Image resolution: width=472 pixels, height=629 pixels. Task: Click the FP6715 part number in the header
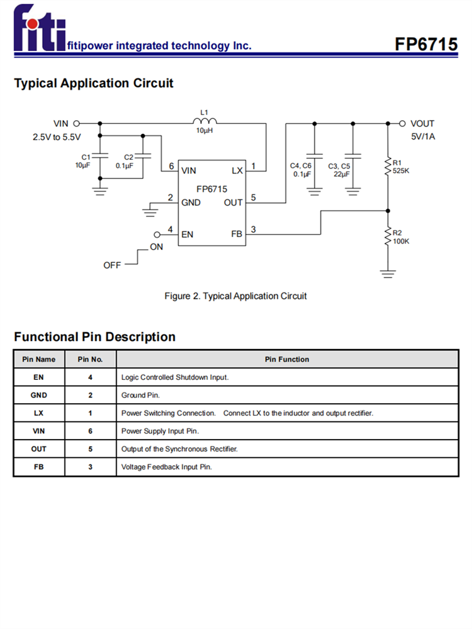pyautogui.click(x=426, y=44)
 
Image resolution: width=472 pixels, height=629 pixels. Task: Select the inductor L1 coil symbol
pyautogui.click(x=204, y=122)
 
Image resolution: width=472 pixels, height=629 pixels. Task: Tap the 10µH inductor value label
pyautogui.click(x=204, y=131)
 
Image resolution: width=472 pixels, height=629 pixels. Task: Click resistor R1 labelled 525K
pyautogui.click(x=388, y=166)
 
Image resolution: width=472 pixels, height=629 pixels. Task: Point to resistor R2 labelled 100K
pyautogui.click(x=388, y=237)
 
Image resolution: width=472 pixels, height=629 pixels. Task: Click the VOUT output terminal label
pyautogui.click(x=422, y=124)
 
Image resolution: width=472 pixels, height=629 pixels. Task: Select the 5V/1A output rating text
pyautogui.click(x=422, y=136)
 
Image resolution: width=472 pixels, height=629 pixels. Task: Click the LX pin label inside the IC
pyautogui.click(x=237, y=170)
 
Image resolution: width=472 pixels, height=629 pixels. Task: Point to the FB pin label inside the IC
pyautogui.click(x=237, y=234)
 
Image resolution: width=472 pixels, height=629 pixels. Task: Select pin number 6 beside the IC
pyautogui.click(x=171, y=166)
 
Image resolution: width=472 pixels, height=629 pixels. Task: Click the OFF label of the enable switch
pyautogui.click(x=112, y=265)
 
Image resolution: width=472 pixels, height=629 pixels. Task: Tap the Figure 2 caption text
pyautogui.click(x=235, y=296)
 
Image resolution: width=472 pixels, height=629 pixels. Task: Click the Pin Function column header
pyautogui.click(x=287, y=359)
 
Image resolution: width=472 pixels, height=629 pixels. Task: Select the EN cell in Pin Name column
pyautogui.click(x=39, y=377)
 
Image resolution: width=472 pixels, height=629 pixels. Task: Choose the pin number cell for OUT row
pyautogui.click(x=90, y=449)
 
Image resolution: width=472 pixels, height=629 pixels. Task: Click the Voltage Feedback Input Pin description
pyautogui.click(x=167, y=467)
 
